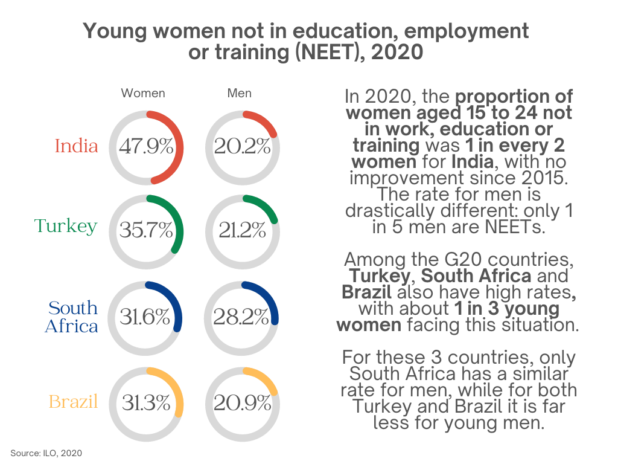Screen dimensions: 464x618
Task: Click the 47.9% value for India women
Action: click(146, 147)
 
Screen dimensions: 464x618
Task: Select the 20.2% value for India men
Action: click(242, 147)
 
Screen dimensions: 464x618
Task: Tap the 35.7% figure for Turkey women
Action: click(146, 231)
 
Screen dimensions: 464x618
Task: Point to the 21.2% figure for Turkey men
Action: click(242, 231)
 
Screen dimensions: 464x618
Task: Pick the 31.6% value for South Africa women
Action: click(145, 318)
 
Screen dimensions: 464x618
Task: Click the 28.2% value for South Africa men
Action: click(242, 318)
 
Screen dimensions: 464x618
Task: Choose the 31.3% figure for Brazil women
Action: click(146, 403)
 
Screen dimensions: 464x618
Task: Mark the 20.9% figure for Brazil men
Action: click(242, 403)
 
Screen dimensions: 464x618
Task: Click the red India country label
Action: click(76, 146)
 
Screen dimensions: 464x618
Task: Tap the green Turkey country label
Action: click(66, 226)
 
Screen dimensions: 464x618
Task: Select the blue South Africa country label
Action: click(72, 317)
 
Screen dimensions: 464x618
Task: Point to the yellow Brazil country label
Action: click(73, 402)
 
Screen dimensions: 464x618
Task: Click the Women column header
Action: click(143, 94)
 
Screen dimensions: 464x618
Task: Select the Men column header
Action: click(240, 94)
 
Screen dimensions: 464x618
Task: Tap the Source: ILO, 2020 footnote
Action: click(46, 453)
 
